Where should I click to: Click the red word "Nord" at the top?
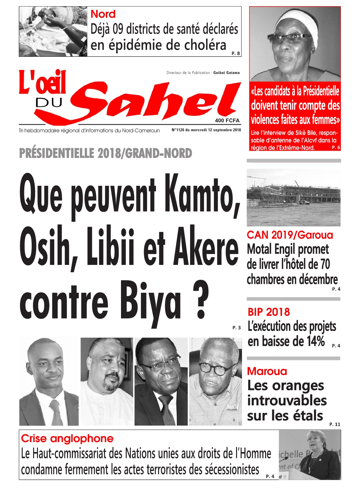click(x=103, y=14)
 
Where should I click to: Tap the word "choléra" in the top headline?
click(x=205, y=45)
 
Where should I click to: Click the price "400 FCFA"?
click(x=227, y=120)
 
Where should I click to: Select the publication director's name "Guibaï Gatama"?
click(x=227, y=73)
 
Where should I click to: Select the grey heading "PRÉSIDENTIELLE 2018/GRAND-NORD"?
click(x=106, y=153)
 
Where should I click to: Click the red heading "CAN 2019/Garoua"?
click(x=290, y=235)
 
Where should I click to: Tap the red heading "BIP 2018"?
click(x=269, y=312)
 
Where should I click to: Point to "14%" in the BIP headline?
click(x=316, y=341)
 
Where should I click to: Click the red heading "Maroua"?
click(x=267, y=371)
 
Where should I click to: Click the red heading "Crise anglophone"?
click(x=67, y=438)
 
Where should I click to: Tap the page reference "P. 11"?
click(x=335, y=424)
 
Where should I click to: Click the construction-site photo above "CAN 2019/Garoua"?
click(x=294, y=197)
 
